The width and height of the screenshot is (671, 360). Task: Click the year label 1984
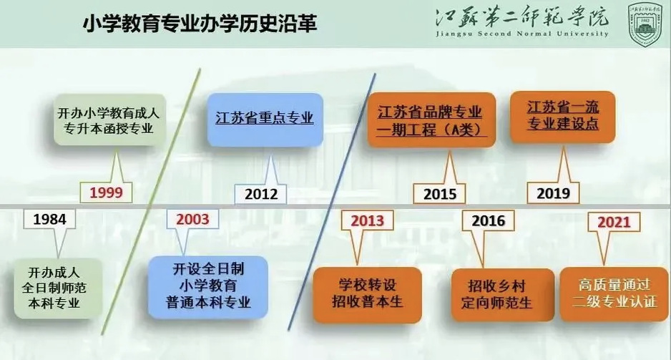[x=50, y=219]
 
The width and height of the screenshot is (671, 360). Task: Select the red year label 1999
[x=106, y=193]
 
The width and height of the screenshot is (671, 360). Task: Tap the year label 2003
[x=192, y=219]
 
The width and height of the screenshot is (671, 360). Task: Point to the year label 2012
[x=261, y=195]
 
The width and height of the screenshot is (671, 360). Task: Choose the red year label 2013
[x=368, y=220]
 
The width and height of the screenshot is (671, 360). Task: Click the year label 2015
[x=440, y=195]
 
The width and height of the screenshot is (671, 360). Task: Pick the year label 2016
[x=489, y=221]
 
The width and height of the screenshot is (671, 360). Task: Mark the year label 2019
[x=553, y=193]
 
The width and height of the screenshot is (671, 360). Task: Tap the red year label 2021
[x=614, y=222]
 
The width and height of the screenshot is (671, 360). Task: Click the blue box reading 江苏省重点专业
[x=265, y=120]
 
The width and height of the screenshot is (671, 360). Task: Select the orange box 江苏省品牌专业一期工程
[x=431, y=120]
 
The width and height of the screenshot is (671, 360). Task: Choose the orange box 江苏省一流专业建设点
[x=562, y=117]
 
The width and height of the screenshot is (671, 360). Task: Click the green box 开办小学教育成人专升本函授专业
[x=109, y=120]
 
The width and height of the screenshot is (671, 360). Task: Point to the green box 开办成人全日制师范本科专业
[x=58, y=288]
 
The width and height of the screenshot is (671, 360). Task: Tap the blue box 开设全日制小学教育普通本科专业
[x=208, y=287]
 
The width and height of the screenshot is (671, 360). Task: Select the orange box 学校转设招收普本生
[x=367, y=294]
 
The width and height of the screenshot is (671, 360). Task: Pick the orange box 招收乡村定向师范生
[x=502, y=295]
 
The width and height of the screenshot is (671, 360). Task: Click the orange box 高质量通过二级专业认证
[x=614, y=293]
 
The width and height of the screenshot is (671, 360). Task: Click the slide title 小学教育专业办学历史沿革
[x=200, y=24]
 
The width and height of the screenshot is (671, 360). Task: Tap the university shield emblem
[x=645, y=24]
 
